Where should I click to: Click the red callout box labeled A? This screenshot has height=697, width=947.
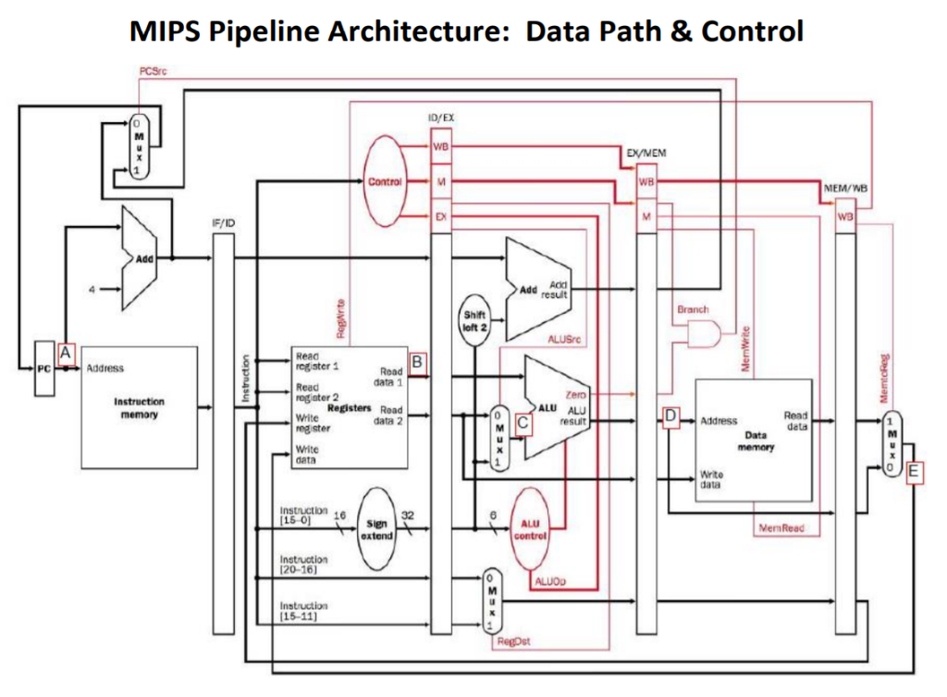click(x=65, y=352)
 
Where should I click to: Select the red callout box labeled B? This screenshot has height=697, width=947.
click(x=417, y=363)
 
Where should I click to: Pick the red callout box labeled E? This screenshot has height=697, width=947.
click(x=915, y=472)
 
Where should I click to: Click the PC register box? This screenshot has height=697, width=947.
click(x=43, y=367)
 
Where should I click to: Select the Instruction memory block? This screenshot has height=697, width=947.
click(x=140, y=407)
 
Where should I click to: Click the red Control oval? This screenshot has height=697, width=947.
click(x=385, y=181)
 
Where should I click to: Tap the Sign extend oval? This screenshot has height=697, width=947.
click(x=377, y=529)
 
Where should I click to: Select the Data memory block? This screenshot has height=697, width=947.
click(x=753, y=440)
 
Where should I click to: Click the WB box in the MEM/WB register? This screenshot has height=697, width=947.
click(x=844, y=217)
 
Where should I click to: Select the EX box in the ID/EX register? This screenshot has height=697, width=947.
click(x=440, y=217)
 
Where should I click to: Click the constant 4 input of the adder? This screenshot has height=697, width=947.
click(x=92, y=289)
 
